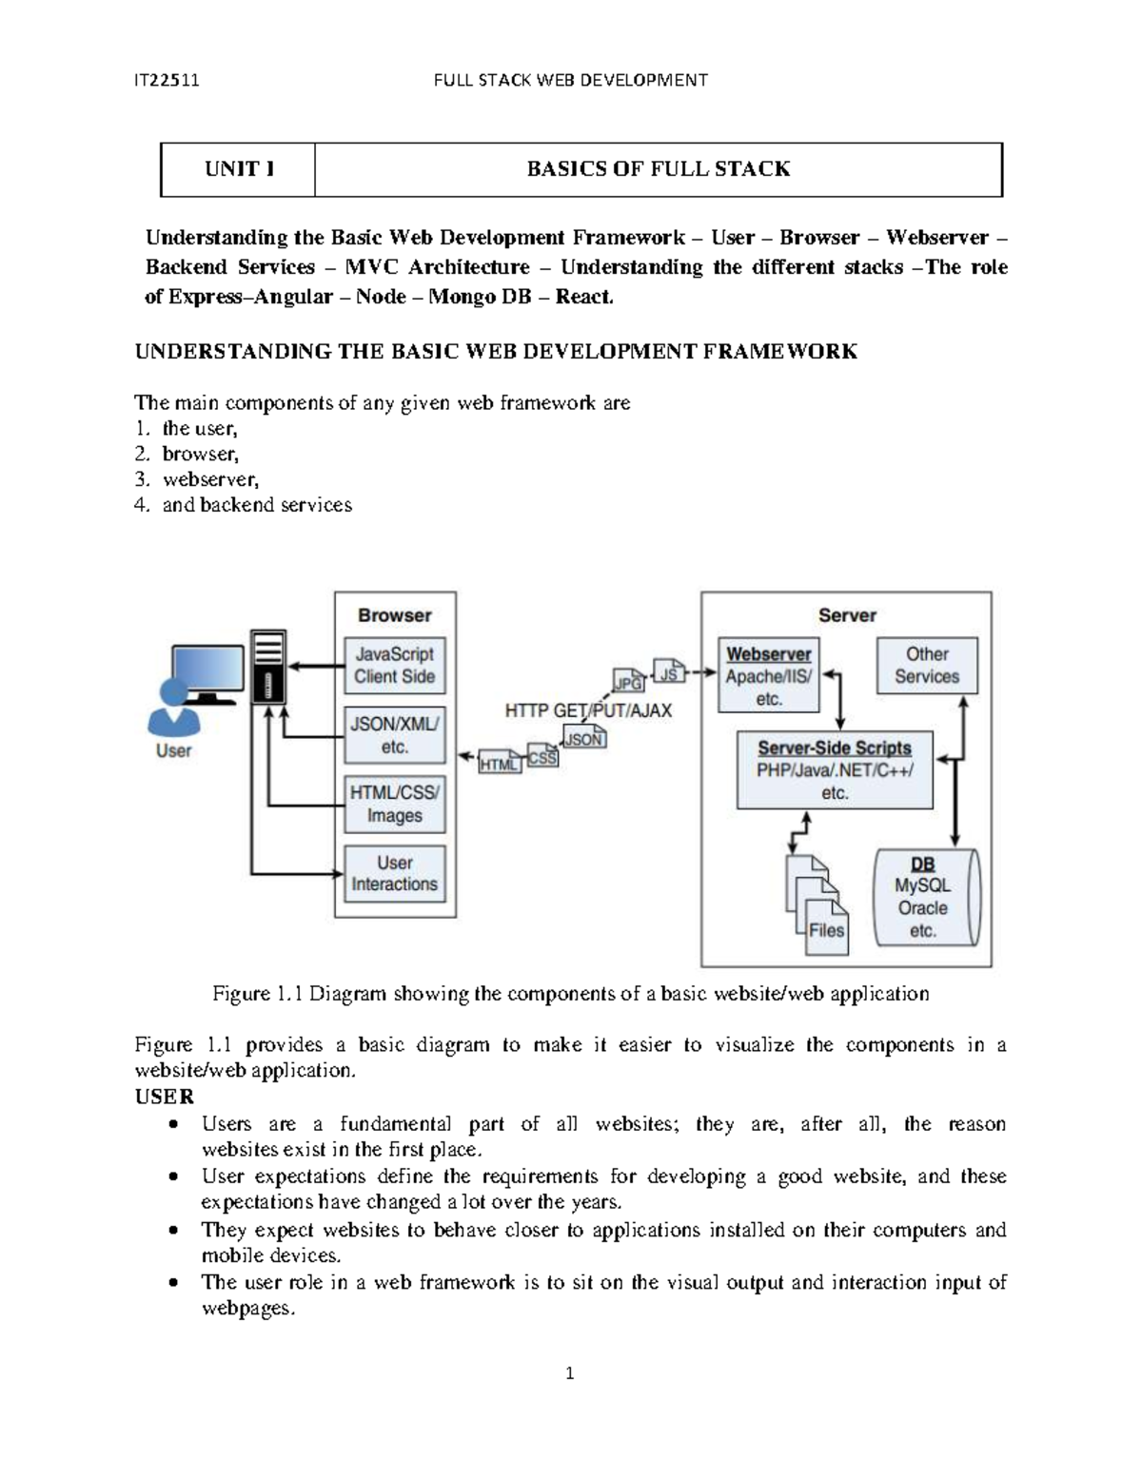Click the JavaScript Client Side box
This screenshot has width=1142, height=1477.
click(x=394, y=666)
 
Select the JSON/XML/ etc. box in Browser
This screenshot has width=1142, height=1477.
click(x=394, y=735)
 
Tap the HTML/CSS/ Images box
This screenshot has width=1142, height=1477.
click(x=394, y=805)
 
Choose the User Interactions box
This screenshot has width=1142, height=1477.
click(x=394, y=873)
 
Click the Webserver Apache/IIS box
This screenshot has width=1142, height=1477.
click(x=768, y=675)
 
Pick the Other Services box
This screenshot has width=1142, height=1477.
click(x=927, y=666)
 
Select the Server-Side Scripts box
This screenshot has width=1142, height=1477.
click(x=835, y=770)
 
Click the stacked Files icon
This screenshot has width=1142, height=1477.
click(x=816, y=904)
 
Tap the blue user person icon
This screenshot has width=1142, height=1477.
click(x=173, y=709)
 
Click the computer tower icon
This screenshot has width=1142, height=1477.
click(x=268, y=667)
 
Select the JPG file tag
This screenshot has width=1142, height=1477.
click(x=629, y=682)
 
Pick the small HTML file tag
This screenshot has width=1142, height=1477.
click(x=500, y=764)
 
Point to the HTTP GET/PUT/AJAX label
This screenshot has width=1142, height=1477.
click(x=588, y=710)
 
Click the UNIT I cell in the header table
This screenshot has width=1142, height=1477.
click(x=239, y=169)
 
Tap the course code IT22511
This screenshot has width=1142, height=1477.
click(x=167, y=80)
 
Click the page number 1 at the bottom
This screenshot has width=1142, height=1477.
click(x=569, y=1373)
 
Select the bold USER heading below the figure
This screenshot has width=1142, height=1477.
click(x=165, y=1097)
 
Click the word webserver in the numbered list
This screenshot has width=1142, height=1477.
click(x=210, y=479)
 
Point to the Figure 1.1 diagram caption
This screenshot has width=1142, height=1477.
click(x=570, y=994)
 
